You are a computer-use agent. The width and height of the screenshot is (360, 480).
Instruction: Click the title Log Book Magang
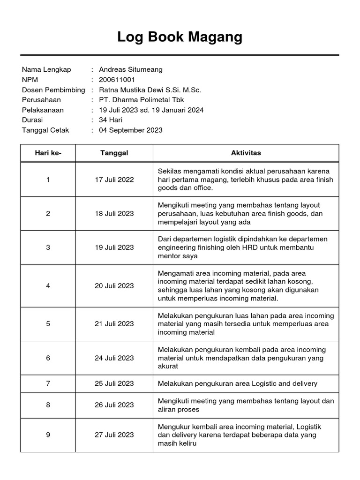(x=180, y=37)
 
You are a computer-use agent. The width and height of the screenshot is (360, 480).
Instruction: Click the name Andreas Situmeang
(x=131, y=69)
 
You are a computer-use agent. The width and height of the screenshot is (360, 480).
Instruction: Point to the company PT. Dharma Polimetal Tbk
(x=141, y=100)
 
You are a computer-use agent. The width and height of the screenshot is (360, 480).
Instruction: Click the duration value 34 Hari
(x=110, y=120)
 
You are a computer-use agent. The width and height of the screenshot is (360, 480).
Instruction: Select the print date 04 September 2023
(x=131, y=130)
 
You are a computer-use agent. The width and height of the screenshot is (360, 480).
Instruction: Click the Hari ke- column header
(x=48, y=153)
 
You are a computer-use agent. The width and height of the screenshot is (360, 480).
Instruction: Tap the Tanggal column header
(x=114, y=153)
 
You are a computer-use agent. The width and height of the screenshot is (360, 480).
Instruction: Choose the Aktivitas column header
(x=246, y=153)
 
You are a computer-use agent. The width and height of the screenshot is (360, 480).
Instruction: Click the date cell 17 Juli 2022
(x=114, y=180)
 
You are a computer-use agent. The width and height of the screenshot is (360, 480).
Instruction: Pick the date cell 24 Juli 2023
(x=114, y=358)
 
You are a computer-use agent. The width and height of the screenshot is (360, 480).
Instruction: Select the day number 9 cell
(x=48, y=435)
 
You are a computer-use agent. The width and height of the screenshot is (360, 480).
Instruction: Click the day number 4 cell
(x=48, y=286)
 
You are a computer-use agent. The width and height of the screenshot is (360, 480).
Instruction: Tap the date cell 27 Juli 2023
(x=114, y=435)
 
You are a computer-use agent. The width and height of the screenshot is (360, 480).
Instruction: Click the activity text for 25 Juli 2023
(x=237, y=383)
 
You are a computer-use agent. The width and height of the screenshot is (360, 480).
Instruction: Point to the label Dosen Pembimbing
(x=53, y=90)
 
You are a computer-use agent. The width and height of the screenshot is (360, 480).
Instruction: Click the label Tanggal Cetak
(x=45, y=130)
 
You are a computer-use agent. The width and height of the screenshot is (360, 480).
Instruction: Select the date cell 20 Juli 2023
(x=114, y=286)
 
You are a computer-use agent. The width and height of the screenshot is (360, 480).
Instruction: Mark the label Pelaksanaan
(x=43, y=110)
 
